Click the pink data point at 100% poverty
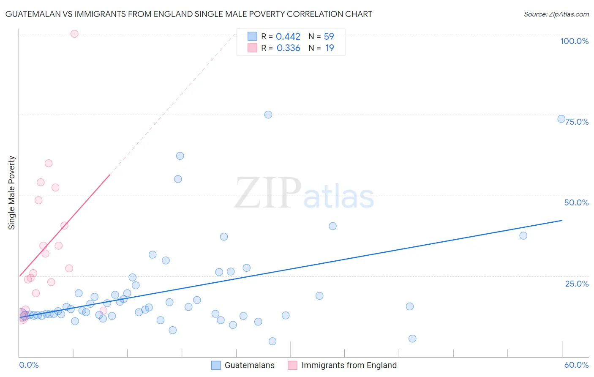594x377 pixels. coord(74,34)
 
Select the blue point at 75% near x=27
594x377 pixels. coord(268,115)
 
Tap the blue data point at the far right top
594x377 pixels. coord(561,119)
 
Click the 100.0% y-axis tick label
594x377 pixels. coord(574,41)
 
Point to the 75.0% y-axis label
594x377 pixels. coord(577,122)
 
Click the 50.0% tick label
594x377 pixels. coord(576,202)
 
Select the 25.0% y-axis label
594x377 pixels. coord(577,284)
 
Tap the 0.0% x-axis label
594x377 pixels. coord(29,365)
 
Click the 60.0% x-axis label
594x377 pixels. coord(576,365)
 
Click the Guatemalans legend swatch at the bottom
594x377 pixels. coord(216,365)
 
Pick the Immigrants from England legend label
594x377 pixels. coord(349,365)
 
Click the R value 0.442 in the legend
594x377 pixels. coord(288,37)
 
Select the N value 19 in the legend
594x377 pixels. coord(330,48)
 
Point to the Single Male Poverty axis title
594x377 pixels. coord(12,193)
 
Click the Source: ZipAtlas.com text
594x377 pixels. coord(556,14)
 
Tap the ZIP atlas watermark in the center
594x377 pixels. coord(304,193)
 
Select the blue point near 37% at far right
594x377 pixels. coord(523,235)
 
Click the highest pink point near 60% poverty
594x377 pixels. coord(49,163)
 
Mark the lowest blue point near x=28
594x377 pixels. coord(272,341)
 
